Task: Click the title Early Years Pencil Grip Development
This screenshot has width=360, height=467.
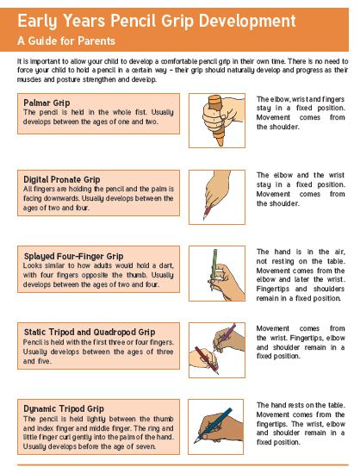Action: [x=157, y=22]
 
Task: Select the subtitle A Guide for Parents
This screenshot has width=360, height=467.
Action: [x=66, y=40]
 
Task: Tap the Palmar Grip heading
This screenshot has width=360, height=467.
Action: [x=47, y=103]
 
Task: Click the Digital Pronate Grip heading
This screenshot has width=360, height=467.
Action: [x=62, y=179]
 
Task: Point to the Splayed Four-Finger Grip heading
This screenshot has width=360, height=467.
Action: [x=73, y=257]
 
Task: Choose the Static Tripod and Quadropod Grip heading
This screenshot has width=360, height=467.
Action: [x=90, y=332]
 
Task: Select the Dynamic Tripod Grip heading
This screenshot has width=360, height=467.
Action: [x=64, y=408]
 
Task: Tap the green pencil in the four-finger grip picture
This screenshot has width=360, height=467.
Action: [x=214, y=265]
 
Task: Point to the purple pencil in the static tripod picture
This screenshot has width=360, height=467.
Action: [x=225, y=335]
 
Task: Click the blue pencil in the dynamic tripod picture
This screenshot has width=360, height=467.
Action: [x=214, y=426]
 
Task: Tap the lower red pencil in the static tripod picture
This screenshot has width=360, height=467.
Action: [x=207, y=360]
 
